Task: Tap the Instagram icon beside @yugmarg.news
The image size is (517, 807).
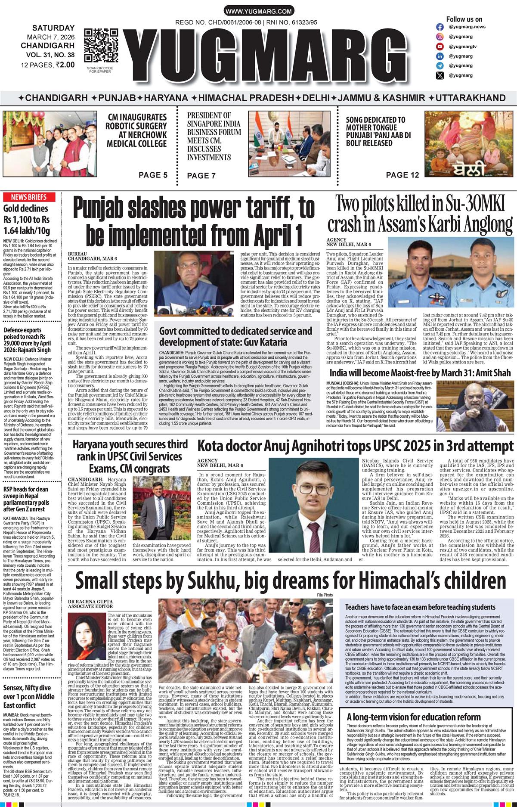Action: [440, 27]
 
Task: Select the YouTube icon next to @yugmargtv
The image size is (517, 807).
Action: [440, 47]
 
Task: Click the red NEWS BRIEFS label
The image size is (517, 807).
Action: [28, 197]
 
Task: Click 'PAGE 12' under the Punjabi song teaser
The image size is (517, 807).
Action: [402, 175]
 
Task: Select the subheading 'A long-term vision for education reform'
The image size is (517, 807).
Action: [414, 717]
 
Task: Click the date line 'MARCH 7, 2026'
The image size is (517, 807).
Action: [50, 36]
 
